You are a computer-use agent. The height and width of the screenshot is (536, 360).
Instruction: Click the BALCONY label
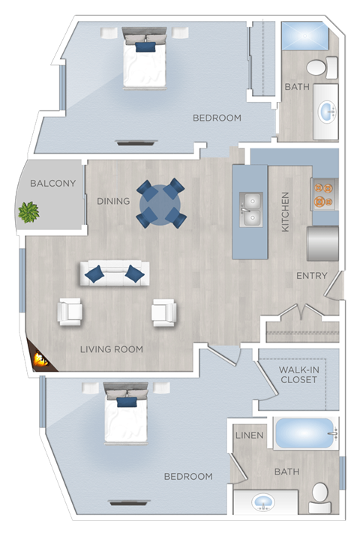coord(52,183)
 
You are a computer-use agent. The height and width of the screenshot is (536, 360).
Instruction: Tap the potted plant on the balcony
coord(29,212)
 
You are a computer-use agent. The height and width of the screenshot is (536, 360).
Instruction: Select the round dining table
coord(160,204)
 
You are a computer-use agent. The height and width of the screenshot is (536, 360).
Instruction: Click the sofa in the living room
coord(114,273)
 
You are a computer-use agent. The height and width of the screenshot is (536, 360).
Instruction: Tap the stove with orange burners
coord(325,193)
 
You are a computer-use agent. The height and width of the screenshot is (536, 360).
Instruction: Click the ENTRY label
coord(311,276)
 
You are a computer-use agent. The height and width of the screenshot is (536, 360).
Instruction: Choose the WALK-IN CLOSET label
coord(298,374)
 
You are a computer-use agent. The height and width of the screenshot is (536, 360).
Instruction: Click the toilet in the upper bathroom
coord(316,68)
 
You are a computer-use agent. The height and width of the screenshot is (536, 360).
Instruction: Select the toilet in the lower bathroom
coord(319,496)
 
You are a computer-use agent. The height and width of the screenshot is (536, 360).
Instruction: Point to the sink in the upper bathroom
coord(326,113)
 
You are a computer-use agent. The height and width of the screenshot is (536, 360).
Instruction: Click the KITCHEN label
coord(285,211)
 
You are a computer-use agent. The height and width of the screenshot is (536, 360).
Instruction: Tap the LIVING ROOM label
coord(112,349)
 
